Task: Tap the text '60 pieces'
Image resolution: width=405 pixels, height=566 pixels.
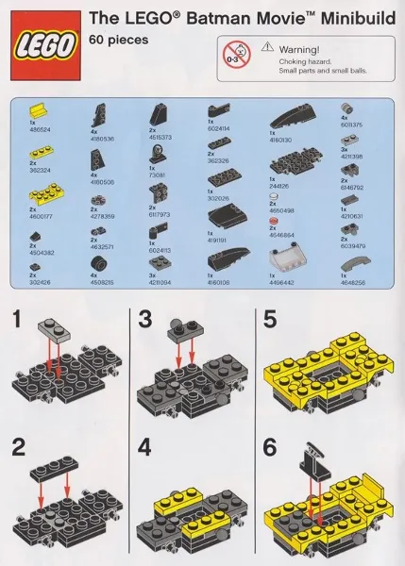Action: point(113,40)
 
